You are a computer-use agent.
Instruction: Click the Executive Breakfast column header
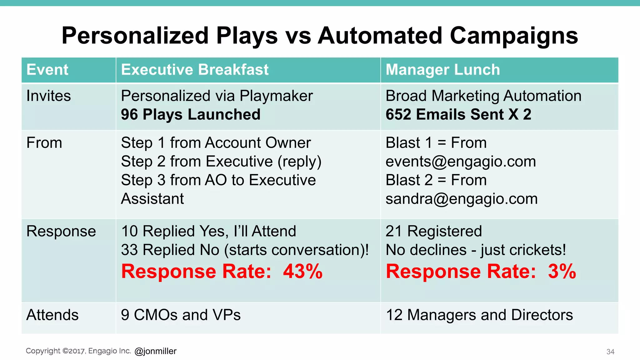(x=195, y=70)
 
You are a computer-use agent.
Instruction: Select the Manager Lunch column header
(x=442, y=70)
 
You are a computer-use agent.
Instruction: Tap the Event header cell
(x=47, y=70)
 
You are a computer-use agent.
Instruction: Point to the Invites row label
(x=48, y=96)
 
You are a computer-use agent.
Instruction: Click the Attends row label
(x=52, y=315)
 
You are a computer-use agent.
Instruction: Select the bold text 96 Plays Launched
(x=191, y=115)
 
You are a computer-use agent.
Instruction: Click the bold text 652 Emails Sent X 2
(x=458, y=115)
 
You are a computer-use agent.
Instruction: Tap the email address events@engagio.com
(x=461, y=162)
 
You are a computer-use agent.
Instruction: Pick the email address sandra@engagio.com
(x=461, y=199)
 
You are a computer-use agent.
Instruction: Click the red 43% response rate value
(x=302, y=271)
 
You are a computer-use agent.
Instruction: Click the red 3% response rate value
(x=562, y=271)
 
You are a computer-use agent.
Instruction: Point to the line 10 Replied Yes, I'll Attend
(x=208, y=232)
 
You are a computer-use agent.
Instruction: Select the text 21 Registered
(x=433, y=232)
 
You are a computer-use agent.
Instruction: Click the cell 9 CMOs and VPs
(x=181, y=315)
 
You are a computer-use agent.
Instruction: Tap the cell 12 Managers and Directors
(x=479, y=315)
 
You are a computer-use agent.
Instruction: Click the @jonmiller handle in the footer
(x=155, y=351)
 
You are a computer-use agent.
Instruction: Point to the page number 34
(x=610, y=352)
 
